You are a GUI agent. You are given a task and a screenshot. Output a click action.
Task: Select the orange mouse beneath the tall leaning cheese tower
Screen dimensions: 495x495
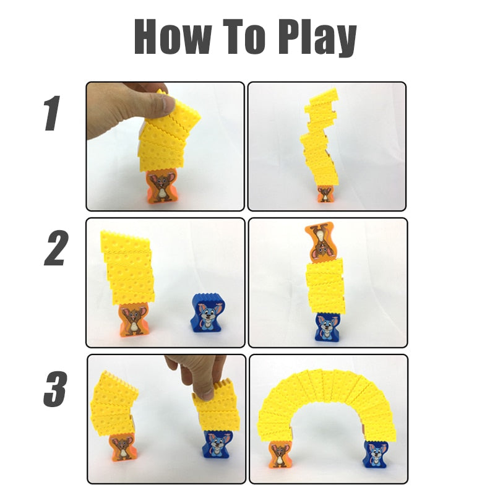pyautogui.click(x=324, y=194)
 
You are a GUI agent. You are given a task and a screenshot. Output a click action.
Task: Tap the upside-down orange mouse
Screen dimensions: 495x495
pyautogui.click(x=319, y=241)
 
